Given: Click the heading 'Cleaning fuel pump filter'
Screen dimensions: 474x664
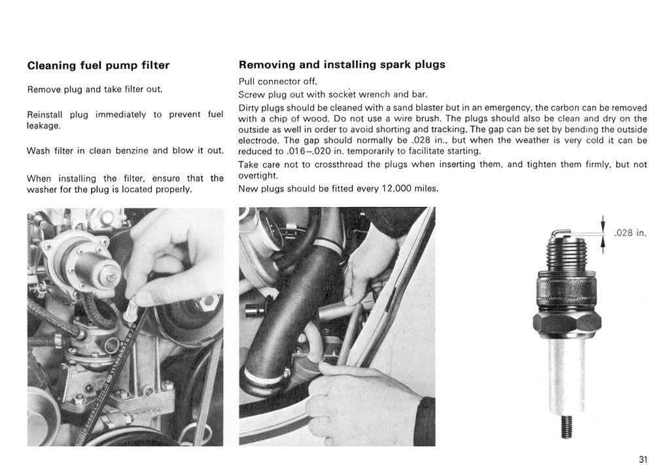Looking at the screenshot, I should click(98, 65).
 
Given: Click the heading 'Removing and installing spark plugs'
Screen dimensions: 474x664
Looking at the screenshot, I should click(341, 65).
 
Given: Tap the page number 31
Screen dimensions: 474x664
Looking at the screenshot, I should click(642, 460).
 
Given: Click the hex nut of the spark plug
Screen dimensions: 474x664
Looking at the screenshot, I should click(567, 322).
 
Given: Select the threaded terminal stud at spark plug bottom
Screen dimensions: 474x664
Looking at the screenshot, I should click(567, 429).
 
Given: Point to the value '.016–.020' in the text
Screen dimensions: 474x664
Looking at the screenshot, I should click(303, 151).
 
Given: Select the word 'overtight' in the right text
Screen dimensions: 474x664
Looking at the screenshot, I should click(257, 176).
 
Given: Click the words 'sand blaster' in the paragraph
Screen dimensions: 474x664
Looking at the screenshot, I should click(414, 108).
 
